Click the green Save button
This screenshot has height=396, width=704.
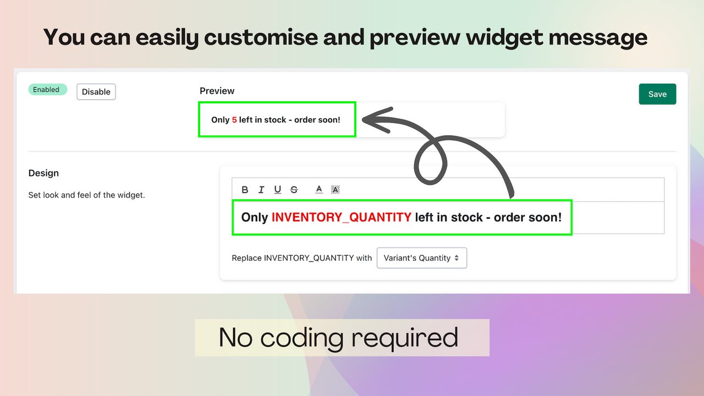pyautogui.click(x=657, y=94)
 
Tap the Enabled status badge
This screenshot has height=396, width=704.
pyautogui.click(x=47, y=90)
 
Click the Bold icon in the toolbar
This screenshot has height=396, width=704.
pyautogui.click(x=245, y=190)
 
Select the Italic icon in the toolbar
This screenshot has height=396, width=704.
pyautogui.click(x=261, y=190)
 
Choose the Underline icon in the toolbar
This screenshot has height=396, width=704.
pyautogui.click(x=278, y=190)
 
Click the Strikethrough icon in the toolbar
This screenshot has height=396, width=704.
pyautogui.click(x=294, y=190)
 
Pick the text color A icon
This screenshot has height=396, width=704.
pyautogui.click(x=319, y=190)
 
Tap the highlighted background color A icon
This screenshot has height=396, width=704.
pyautogui.click(x=335, y=190)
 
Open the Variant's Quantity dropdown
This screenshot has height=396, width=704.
pyautogui.click(x=422, y=258)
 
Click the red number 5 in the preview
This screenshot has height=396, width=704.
pyautogui.click(x=234, y=119)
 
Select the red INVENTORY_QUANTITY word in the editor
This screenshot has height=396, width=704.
pyautogui.click(x=342, y=217)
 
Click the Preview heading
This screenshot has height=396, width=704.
pyautogui.click(x=217, y=91)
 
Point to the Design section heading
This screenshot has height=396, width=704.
pyautogui.click(x=43, y=173)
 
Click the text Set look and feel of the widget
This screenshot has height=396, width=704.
pyautogui.click(x=86, y=195)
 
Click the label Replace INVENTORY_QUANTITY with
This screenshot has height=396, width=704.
pyautogui.click(x=301, y=258)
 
